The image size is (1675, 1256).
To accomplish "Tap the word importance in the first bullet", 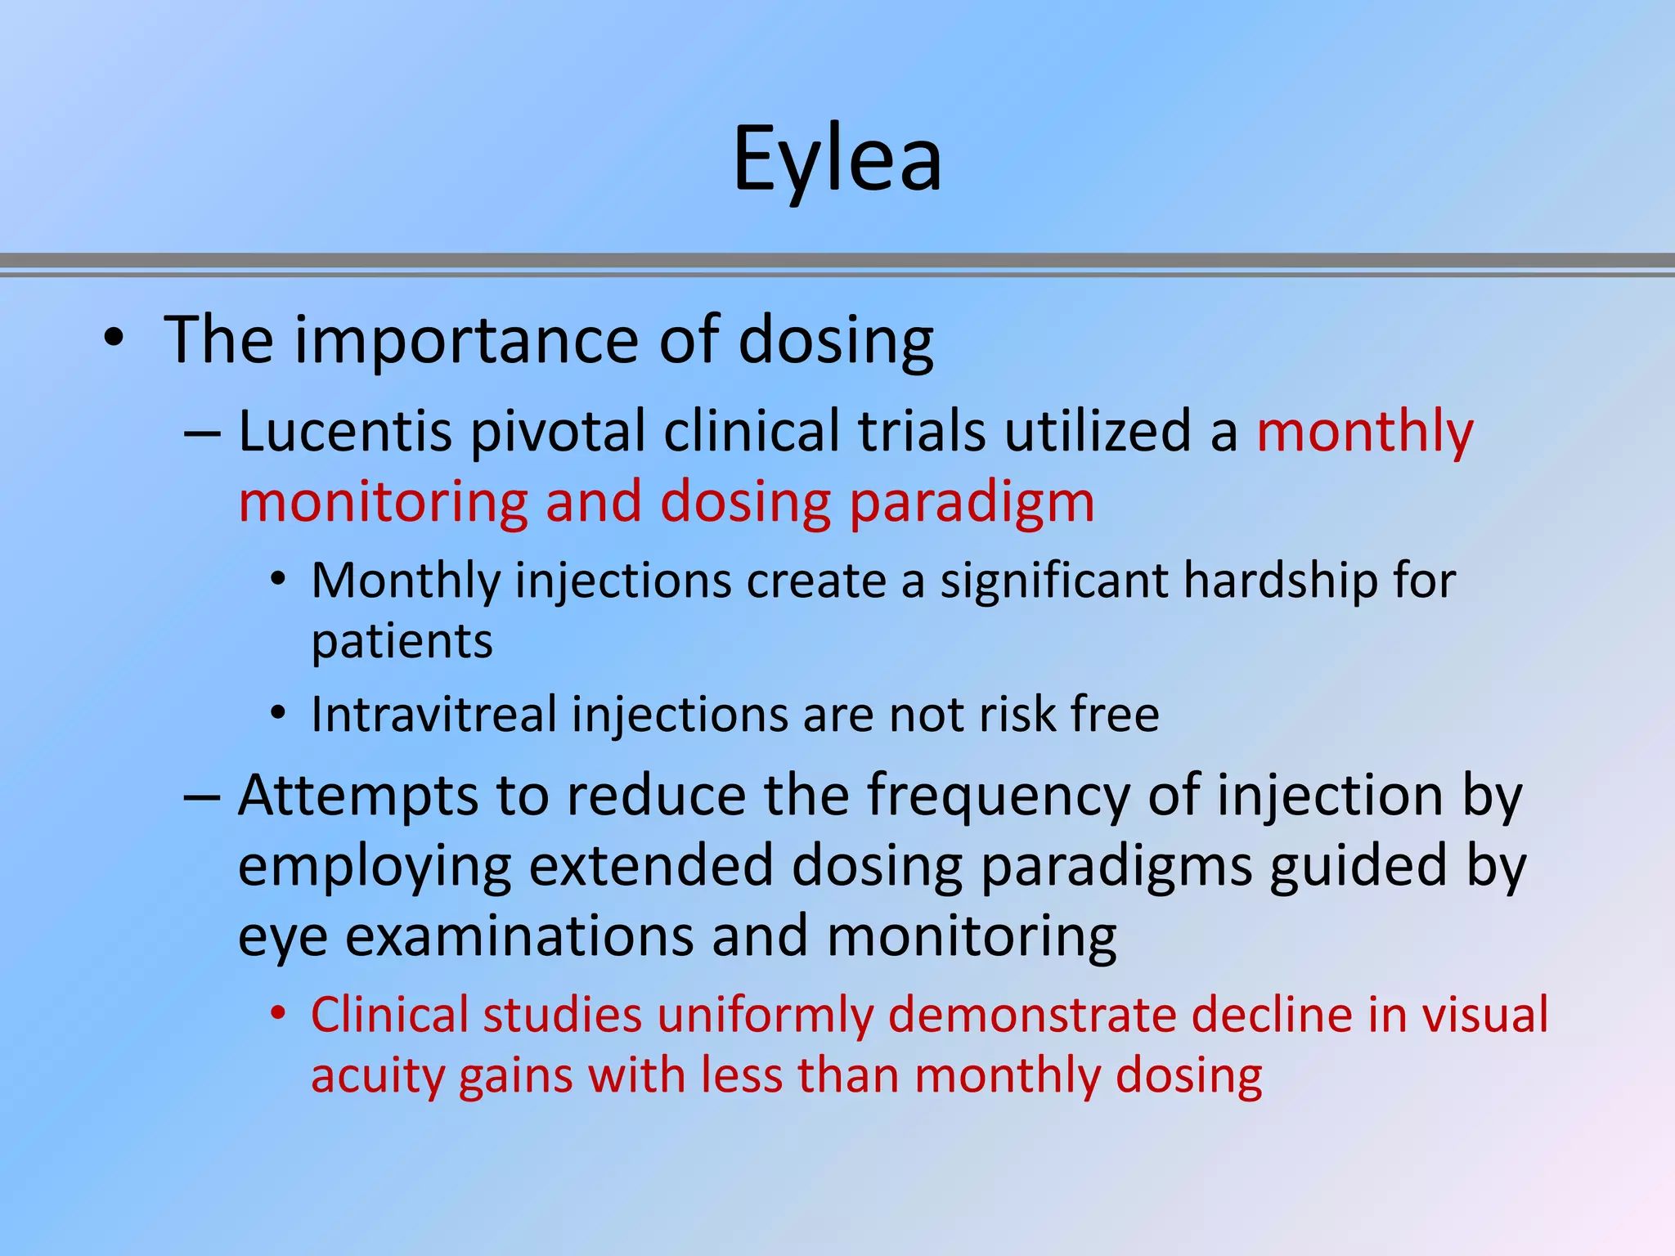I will point(467,340).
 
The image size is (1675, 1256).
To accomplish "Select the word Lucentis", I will point(344,432).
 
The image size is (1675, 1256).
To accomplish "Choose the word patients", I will point(402,642).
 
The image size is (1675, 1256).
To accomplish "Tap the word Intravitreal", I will point(433,715).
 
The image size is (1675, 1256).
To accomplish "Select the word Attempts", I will point(357,796).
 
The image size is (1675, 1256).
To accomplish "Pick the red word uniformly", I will point(766,1015).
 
